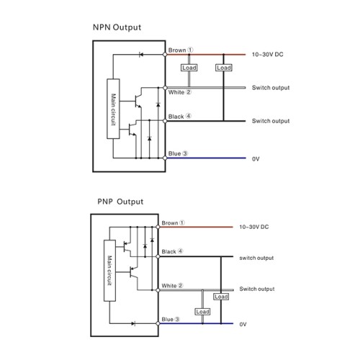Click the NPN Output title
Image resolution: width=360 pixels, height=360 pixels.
pos(117,27)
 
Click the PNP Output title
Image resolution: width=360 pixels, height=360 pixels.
pos(120,202)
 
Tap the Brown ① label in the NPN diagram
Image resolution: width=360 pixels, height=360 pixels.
pos(181,50)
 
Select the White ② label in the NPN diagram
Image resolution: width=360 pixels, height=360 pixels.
pos(179,92)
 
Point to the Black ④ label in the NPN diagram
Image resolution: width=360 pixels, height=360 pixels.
pos(180,117)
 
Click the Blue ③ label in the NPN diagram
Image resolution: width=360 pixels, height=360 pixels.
pos(178,153)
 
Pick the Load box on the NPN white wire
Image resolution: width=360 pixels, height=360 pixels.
pos(189,68)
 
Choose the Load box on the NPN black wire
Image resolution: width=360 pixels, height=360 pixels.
pos(224,68)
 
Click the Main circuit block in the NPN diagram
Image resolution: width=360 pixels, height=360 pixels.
pos(113,109)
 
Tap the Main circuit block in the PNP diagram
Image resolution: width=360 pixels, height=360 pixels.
pos(109,271)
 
